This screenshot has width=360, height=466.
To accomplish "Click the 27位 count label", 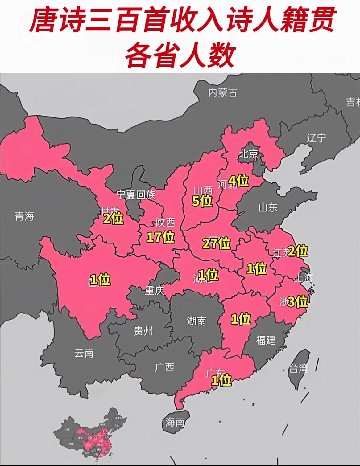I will pyautogui.click(x=217, y=243).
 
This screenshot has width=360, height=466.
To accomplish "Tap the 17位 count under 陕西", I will pyautogui.click(x=160, y=237).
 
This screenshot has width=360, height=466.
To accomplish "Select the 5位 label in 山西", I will pyautogui.click(x=202, y=201).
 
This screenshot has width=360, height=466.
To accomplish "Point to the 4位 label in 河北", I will pyautogui.click(x=238, y=180).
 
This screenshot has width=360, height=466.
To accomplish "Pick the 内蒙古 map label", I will pyautogui.click(x=223, y=92).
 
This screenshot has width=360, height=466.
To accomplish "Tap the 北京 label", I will pyautogui.click(x=249, y=154).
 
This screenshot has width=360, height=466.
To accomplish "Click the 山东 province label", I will pyautogui.click(x=268, y=207).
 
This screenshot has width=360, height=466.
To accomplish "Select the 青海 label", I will pyautogui.click(x=24, y=216).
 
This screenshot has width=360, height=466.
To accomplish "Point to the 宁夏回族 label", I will pyautogui.click(x=136, y=195).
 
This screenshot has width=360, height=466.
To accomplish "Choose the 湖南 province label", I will pyautogui.click(x=196, y=321).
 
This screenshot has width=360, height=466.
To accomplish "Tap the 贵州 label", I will pyautogui.click(x=143, y=331).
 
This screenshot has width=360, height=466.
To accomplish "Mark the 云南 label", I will pyautogui.click(x=84, y=353).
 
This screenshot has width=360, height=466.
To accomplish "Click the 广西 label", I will pyautogui.click(x=164, y=367).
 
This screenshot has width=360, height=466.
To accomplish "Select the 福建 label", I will pyautogui.click(x=266, y=340).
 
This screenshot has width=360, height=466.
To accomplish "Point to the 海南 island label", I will pyautogui.click(x=175, y=422).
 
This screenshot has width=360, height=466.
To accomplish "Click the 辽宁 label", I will pyautogui.click(x=316, y=138).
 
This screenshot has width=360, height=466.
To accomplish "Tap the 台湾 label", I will pyautogui.click(x=298, y=368).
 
